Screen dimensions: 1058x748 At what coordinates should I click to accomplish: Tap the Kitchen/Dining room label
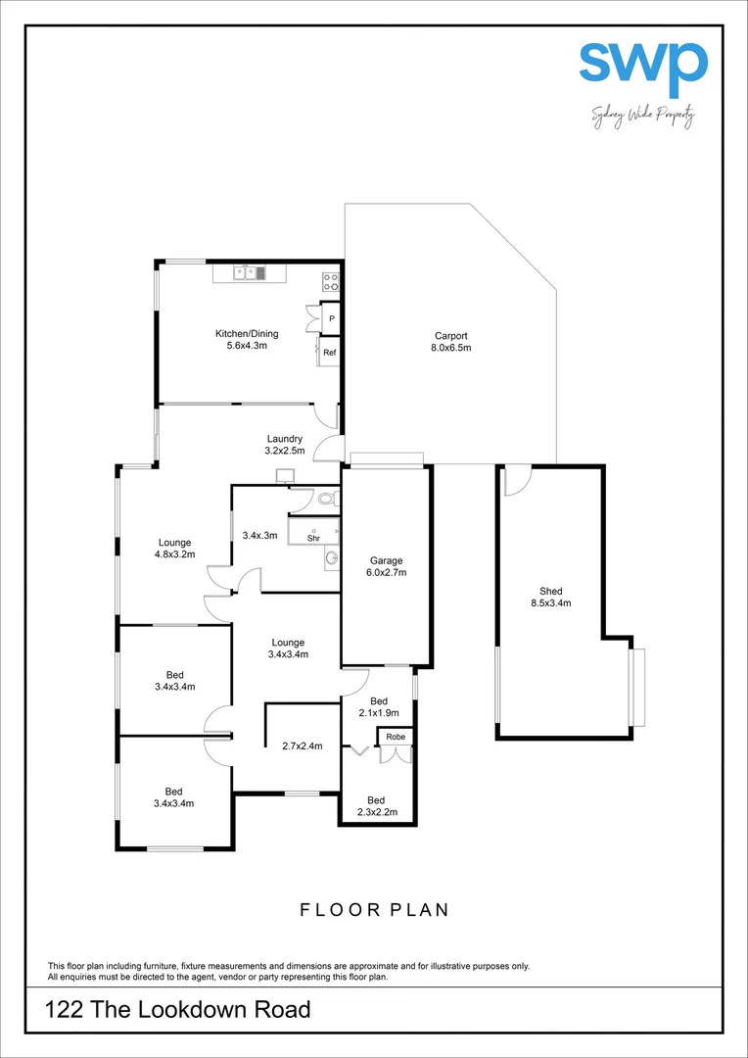coord(247,340)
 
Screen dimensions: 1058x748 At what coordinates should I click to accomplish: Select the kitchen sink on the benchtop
coord(250,273)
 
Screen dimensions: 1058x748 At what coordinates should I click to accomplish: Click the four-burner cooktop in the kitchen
coord(331,282)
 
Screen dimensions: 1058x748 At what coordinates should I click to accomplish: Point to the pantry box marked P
coord(331,318)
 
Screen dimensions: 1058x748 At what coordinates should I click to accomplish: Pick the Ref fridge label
coord(330,353)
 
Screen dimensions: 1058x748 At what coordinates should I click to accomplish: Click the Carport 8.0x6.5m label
coord(451,341)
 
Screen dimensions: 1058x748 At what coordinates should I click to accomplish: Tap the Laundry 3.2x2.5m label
coord(285,445)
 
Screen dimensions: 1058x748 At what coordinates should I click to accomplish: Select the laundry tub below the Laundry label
coord(286,477)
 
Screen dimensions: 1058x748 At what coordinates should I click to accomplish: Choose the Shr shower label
coord(313,538)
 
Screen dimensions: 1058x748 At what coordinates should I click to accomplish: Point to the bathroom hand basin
coord(332,559)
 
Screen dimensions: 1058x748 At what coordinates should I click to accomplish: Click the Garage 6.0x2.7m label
coord(387,566)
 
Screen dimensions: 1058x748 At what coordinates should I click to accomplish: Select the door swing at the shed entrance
coord(516,480)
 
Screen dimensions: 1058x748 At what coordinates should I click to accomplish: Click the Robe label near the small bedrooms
coord(396,737)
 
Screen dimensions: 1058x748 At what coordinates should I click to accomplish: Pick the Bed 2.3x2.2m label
coord(378,806)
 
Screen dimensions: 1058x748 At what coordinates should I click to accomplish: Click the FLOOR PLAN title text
coord(374,910)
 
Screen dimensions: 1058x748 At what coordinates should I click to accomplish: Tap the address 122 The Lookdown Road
coord(178,1009)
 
